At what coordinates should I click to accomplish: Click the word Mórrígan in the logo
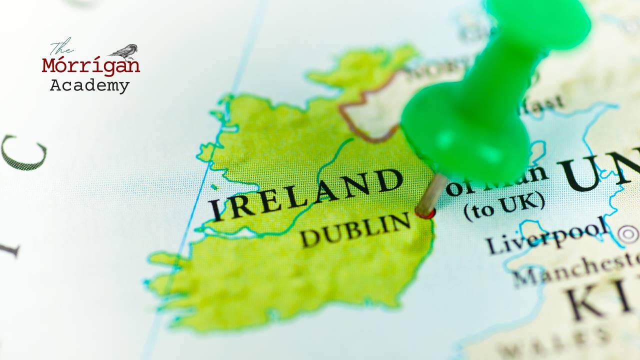pos(90,66)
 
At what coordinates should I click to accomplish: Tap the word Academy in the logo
pos(89,85)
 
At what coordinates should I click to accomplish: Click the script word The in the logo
pos(61,47)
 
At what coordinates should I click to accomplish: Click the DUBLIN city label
pos(355,229)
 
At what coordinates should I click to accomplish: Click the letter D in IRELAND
pos(389,180)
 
